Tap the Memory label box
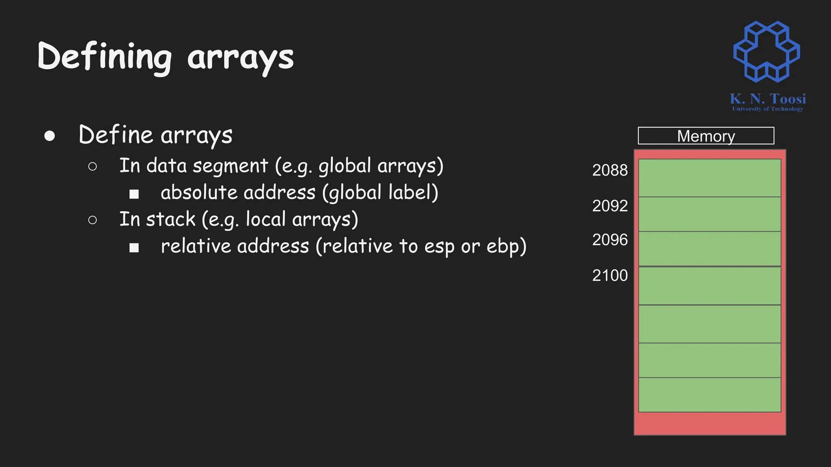tap(706, 136)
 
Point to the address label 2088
tap(609, 170)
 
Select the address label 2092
tap(609, 206)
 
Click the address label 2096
tap(609, 240)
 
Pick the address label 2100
tap(609, 276)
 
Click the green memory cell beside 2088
tap(709, 178)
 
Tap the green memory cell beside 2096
tap(709, 248)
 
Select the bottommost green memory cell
tap(709, 394)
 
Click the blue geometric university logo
tap(766, 51)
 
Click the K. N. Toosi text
tap(767, 99)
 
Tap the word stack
tap(170, 219)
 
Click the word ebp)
tap(506, 246)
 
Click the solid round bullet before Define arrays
tap(50, 136)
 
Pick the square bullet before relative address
tap(134, 247)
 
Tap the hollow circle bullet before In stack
tap(93, 220)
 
